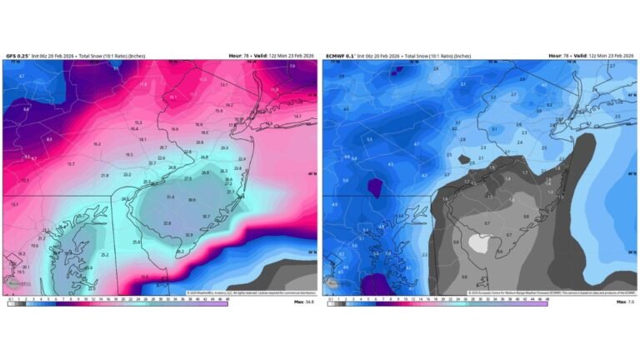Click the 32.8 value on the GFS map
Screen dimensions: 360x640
167,223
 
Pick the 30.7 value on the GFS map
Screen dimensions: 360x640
206,216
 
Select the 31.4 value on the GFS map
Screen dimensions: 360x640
170,197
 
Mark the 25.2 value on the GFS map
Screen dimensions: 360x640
105,254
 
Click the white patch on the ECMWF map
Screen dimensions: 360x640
479,242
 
